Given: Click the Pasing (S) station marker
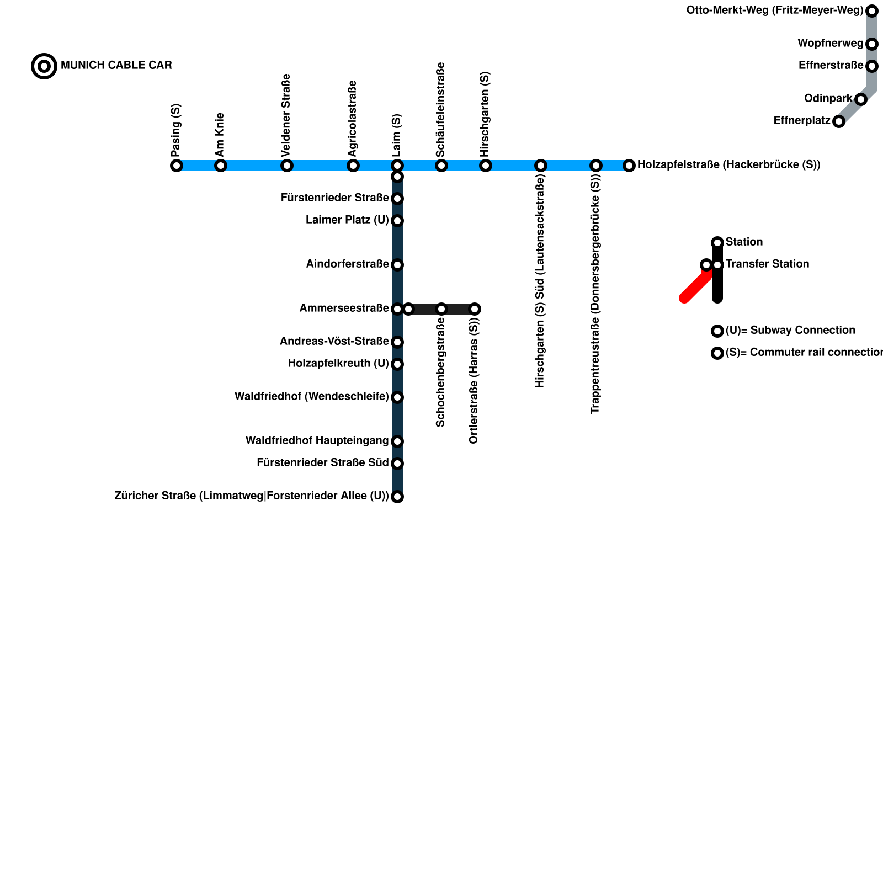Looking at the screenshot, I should coord(177,166).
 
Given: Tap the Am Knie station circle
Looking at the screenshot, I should coord(221,166).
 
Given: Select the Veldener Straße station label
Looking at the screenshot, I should coord(286,114).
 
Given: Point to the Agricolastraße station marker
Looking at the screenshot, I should coord(353,166).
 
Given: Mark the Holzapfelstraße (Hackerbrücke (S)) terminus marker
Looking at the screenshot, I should coord(629,166).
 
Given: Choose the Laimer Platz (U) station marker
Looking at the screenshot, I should coord(397,221).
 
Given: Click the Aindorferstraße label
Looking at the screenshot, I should coord(347,264).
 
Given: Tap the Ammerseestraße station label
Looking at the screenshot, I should coord(344,308).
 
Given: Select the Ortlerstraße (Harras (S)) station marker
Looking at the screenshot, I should coord(475,309).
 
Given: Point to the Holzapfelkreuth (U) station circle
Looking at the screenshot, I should coord(397,364).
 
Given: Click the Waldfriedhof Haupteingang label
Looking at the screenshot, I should coord(317,441).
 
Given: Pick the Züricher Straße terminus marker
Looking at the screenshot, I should coord(397,497).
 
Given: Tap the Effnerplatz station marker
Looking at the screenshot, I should coord(839,121).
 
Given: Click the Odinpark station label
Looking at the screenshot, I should coord(828,99).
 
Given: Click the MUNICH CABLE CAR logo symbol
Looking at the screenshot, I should coord(44,66).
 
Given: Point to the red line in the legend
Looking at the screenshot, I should coord(695,287).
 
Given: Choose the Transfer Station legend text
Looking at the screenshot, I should coord(767,264).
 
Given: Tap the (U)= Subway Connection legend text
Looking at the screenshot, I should coord(790,331).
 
